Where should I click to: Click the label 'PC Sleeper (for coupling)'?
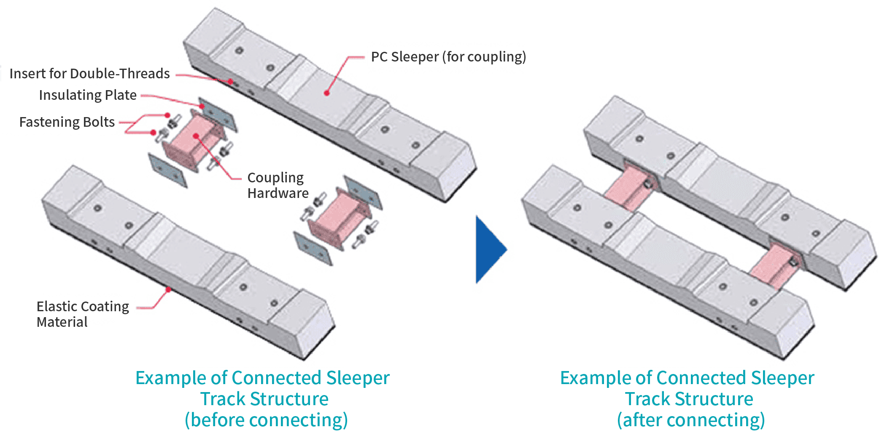(448, 57)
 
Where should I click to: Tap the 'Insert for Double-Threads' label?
(89, 74)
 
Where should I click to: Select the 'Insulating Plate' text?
(88, 95)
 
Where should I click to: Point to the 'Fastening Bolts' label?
(67, 122)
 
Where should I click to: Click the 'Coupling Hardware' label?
(277, 185)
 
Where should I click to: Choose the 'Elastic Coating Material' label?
(82, 314)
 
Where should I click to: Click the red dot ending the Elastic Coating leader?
(168, 290)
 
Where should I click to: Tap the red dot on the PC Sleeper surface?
(326, 93)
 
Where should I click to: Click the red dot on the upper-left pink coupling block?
(196, 136)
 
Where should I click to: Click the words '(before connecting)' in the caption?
(266, 420)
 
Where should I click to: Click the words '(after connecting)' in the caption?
(690, 420)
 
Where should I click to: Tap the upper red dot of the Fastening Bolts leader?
(167, 115)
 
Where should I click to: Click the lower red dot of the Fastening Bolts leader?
(153, 133)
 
